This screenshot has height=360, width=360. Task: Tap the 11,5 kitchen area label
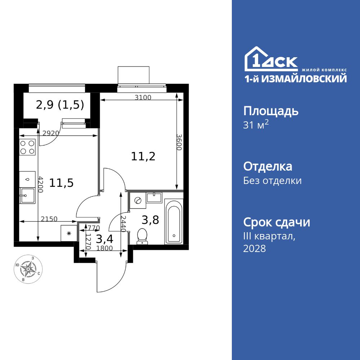click(62, 183)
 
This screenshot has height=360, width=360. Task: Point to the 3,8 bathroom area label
click(150, 220)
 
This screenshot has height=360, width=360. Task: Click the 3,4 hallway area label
click(105, 238)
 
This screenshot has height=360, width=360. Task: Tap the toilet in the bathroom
click(143, 236)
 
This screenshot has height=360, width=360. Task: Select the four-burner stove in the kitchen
click(27, 147)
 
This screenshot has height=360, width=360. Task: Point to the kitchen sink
click(27, 196)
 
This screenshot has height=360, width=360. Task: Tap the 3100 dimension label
click(143, 97)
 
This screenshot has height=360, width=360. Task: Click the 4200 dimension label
click(40, 184)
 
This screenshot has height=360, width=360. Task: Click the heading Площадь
click(271, 111)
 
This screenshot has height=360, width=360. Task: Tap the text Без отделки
click(272, 181)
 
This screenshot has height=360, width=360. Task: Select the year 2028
click(255, 248)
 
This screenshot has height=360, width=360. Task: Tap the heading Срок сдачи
click(276, 222)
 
